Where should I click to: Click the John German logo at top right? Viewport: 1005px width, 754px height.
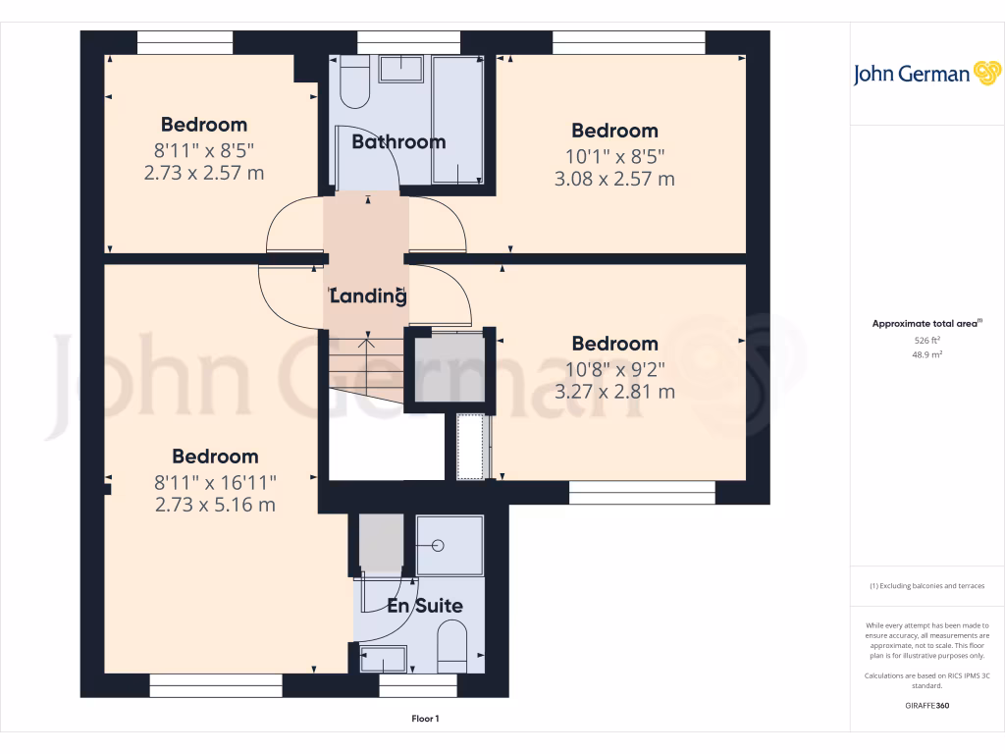(x=926, y=74)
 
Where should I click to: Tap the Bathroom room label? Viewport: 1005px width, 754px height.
(x=398, y=142)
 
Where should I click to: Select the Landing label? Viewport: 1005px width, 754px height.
(x=368, y=296)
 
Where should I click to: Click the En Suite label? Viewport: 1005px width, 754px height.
(x=424, y=606)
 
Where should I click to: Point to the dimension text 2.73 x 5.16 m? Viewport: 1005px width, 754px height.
(x=215, y=505)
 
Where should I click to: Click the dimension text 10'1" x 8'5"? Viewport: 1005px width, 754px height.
(x=614, y=155)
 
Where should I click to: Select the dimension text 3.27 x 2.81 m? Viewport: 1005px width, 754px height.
(x=614, y=392)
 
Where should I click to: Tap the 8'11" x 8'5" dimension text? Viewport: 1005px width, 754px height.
(x=204, y=149)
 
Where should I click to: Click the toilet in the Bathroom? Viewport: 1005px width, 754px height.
(x=354, y=82)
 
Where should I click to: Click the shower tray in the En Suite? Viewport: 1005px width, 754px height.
(x=450, y=544)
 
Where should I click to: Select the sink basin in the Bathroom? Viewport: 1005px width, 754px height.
(x=399, y=68)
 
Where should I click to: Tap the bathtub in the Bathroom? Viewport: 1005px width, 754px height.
(x=457, y=120)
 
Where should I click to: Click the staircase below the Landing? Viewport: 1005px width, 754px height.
(x=365, y=368)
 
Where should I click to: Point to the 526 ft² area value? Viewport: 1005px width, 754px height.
(x=926, y=341)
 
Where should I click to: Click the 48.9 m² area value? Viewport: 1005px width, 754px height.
(x=926, y=354)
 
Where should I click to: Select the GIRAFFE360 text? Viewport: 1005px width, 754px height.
(x=926, y=706)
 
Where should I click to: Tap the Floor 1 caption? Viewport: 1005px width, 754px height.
(x=425, y=720)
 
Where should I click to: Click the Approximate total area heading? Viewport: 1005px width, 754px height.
(x=926, y=323)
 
